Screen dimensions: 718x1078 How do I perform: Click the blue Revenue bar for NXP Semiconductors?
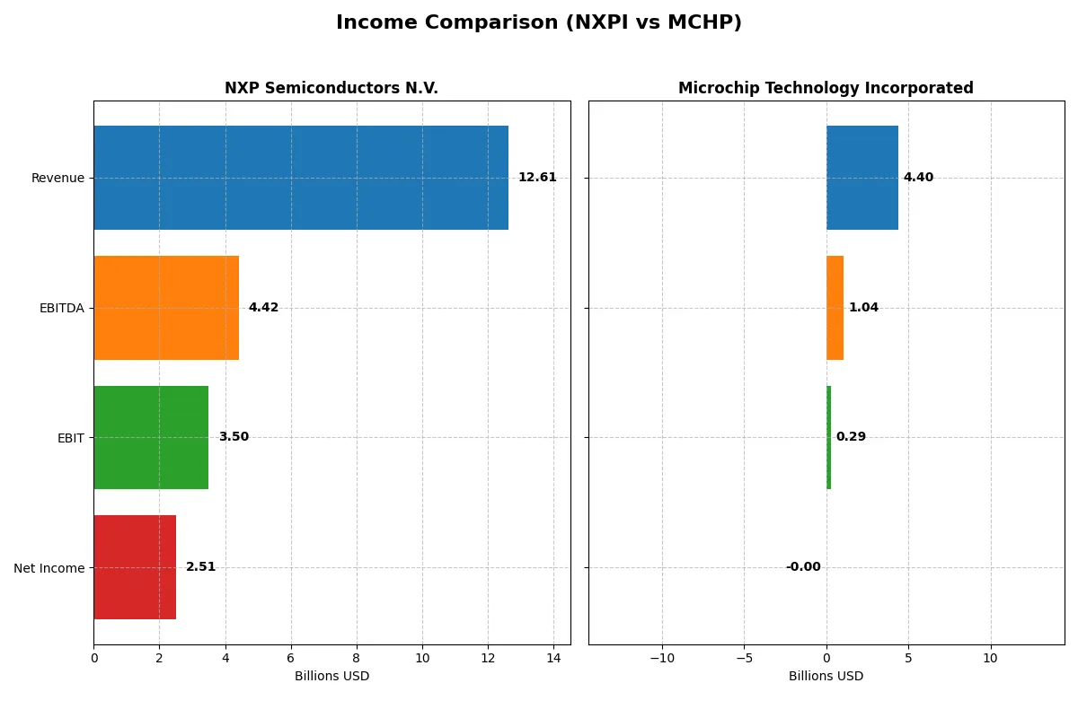point(301,178)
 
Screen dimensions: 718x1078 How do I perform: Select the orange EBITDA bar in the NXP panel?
point(166,308)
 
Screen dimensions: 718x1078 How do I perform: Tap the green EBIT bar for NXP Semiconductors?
point(151,437)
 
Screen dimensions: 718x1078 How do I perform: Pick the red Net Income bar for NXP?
point(135,567)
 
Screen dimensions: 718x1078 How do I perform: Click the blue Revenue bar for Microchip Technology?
point(862,178)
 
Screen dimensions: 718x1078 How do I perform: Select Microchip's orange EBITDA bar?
point(835,308)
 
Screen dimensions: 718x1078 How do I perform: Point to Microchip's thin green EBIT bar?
point(828,437)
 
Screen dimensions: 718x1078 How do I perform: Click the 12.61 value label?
point(537,178)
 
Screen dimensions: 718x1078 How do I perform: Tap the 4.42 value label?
point(263,308)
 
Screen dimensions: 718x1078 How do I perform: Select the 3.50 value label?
point(234,437)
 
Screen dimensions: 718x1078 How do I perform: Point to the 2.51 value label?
point(200,567)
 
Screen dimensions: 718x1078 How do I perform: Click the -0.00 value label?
point(803,567)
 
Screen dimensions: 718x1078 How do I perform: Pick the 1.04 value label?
point(863,308)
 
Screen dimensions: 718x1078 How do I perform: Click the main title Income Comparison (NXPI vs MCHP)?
point(539,23)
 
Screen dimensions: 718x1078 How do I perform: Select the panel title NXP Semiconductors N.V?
point(331,89)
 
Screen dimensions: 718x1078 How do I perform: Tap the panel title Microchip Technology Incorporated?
point(826,89)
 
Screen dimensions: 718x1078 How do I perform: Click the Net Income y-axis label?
point(49,568)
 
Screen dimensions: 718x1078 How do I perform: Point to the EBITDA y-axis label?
point(62,309)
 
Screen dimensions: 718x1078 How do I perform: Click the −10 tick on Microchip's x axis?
point(662,658)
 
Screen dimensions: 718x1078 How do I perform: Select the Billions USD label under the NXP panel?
point(331,677)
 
